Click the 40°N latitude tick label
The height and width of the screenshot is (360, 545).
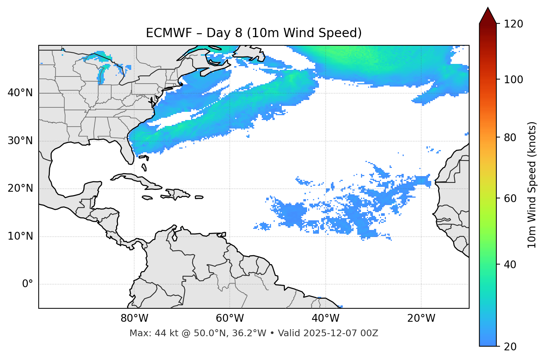click(20, 93)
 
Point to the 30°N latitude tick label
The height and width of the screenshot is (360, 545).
click(20, 141)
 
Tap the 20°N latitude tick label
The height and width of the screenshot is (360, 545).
click(20, 188)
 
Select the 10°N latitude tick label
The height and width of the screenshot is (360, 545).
click(20, 236)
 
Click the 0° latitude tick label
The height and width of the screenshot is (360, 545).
click(28, 284)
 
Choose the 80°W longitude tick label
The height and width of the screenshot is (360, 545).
click(134, 318)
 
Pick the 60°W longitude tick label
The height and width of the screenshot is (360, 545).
click(230, 318)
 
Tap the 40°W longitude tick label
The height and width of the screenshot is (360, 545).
click(325, 318)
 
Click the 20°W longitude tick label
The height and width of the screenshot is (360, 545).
click(421, 318)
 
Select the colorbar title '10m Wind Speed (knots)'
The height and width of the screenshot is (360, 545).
click(532, 185)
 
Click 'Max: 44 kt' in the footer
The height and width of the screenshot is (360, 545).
click(148, 333)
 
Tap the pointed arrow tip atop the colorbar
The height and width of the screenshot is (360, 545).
click(488, 9)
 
